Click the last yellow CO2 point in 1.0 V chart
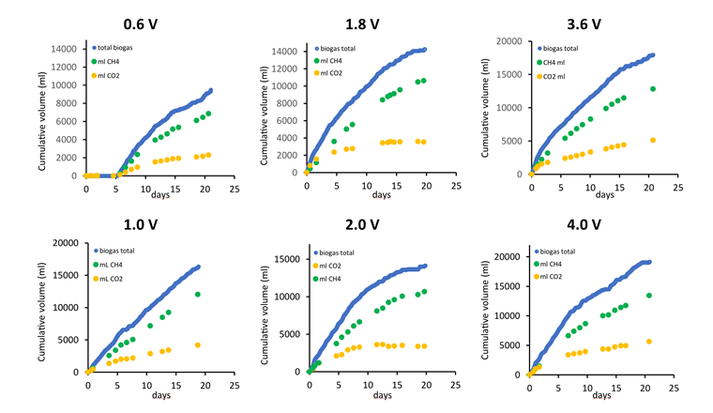click(197, 345)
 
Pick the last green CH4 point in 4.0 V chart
click(648, 296)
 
